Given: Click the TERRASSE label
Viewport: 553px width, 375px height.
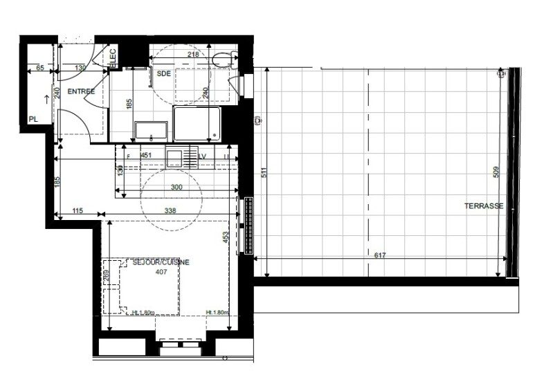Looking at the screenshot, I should click(x=484, y=206).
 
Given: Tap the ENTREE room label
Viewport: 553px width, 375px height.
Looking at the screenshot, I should click(x=81, y=91).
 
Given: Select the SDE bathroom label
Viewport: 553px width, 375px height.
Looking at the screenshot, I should click(x=164, y=73).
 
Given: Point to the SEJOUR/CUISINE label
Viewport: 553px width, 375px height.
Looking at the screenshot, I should click(x=162, y=262).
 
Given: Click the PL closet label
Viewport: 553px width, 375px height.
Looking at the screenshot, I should click(x=33, y=119).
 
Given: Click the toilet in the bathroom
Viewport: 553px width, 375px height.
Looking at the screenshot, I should click(x=222, y=60).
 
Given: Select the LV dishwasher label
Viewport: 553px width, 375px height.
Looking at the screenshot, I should click(x=203, y=156).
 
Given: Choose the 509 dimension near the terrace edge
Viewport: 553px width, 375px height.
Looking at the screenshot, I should click(x=496, y=172).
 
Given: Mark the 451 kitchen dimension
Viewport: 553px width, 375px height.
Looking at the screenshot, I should click(x=146, y=156).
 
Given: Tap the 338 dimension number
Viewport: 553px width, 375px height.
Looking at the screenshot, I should click(x=170, y=210).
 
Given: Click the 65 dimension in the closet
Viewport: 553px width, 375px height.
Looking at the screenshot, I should click(x=39, y=68).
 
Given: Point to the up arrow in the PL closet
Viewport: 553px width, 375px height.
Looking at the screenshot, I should click(x=47, y=98).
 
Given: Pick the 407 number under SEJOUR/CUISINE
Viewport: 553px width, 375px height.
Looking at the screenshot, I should click(x=161, y=271).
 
